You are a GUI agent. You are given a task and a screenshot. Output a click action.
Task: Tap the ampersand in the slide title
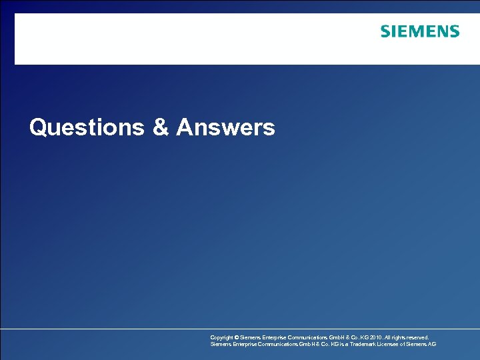pyautogui.click(x=161, y=127)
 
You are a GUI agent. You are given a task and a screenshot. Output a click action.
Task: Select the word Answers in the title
pyautogui.click(x=225, y=127)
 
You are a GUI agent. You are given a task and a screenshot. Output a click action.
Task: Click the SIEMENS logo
pyautogui.click(x=420, y=31)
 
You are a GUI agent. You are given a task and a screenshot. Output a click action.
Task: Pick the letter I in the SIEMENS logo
pyautogui.click(x=394, y=31)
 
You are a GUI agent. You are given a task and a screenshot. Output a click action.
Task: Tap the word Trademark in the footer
pyautogui.click(x=365, y=345)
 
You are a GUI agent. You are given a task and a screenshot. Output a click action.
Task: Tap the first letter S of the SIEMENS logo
pyautogui.click(x=385, y=31)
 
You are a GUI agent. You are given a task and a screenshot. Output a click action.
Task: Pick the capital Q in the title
pyautogui.click(x=37, y=127)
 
